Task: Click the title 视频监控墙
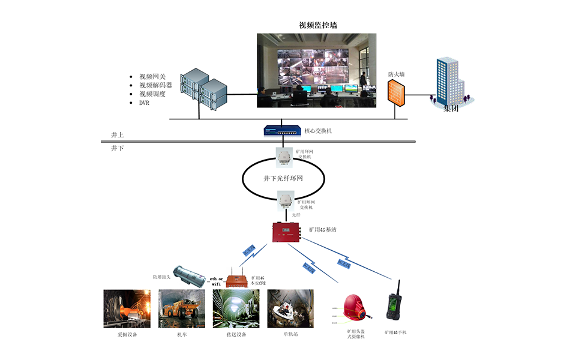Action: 317,25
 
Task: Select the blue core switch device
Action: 282,130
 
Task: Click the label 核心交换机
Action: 319,130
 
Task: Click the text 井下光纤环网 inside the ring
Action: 283,178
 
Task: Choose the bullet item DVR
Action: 144,103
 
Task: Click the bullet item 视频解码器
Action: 155,85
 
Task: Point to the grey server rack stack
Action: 204,90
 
